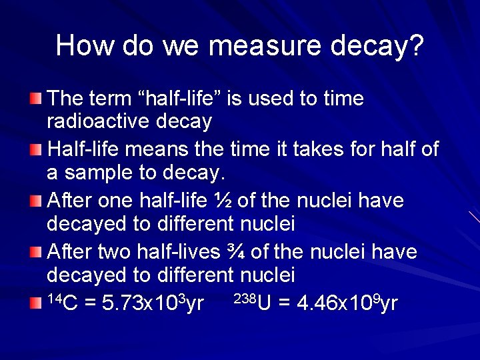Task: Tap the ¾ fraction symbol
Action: click(252, 252)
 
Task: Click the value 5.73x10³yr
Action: click(152, 303)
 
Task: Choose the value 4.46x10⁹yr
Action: click(338, 303)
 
